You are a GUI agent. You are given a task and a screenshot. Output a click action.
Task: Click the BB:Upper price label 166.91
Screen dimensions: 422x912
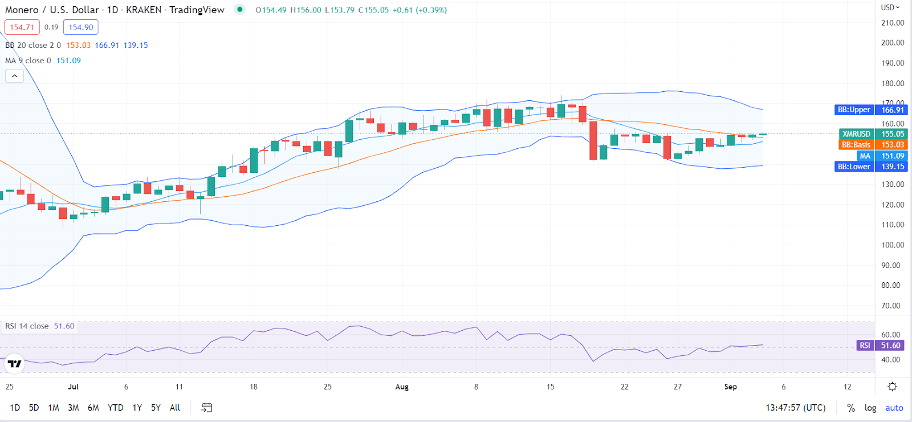click(x=892, y=110)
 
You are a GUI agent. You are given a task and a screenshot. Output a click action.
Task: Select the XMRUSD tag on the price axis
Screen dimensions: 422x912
click(x=856, y=134)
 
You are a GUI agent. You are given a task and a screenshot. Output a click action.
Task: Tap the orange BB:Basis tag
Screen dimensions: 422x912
click(x=856, y=145)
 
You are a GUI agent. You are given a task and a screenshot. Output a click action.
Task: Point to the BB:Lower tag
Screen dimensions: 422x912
click(x=853, y=167)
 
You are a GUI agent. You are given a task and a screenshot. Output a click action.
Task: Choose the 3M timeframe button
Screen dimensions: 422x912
click(x=73, y=408)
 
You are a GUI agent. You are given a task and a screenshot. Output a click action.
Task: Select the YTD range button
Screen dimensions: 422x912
click(x=115, y=408)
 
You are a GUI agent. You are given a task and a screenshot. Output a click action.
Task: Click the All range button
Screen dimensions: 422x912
click(x=175, y=408)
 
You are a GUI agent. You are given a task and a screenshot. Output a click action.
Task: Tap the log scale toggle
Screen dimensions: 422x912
click(x=870, y=408)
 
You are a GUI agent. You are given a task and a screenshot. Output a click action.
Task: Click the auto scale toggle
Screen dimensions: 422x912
click(x=894, y=408)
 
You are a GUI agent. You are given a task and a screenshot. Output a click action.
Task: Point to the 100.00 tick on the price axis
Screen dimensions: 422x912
click(x=893, y=245)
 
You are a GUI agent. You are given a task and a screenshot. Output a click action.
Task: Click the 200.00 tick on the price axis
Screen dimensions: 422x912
click(x=893, y=43)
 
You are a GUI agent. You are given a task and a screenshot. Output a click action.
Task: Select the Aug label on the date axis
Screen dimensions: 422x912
click(x=402, y=387)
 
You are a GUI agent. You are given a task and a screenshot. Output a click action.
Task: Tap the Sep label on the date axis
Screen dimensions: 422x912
click(x=730, y=387)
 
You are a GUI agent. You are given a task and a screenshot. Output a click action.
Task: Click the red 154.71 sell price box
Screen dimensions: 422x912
click(x=22, y=27)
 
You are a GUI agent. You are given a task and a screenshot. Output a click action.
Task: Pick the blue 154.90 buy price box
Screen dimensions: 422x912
click(x=81, y=27)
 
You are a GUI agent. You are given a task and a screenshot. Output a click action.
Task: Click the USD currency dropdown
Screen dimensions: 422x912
click(x=890, y=7)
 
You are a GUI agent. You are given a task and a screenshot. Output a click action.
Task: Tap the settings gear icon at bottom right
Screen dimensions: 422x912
click(x=892, y=387)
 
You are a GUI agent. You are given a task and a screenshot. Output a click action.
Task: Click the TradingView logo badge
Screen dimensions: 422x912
click(x=14, y=363)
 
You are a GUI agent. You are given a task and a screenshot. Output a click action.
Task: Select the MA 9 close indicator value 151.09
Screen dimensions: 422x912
click(x=68, y=60)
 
